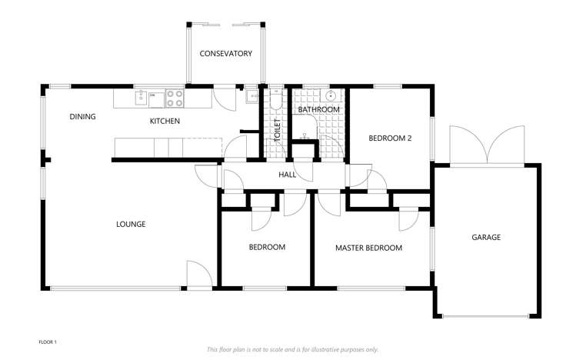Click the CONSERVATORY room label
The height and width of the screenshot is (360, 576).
[x=226, y=54]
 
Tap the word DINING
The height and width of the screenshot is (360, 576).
[x=82, y=117]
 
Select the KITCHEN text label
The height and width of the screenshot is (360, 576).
[x=165, y=122]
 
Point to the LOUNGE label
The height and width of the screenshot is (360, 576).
[x=131, y=225]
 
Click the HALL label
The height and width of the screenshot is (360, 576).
[x=288, y=175]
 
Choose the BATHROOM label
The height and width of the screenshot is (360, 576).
[x=318, y=110]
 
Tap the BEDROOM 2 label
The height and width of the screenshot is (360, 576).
[x=390, y=139]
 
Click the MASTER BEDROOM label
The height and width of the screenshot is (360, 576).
[x=368, y=248]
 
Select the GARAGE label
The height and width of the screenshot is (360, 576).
[x=485, y=238]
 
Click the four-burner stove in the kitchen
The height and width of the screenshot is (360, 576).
[x=175, y=98]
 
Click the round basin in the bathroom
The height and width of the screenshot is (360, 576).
[x=331, y=96]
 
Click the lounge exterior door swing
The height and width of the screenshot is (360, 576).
[x=198, y=275]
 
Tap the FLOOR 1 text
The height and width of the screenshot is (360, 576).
[x=48, y=341]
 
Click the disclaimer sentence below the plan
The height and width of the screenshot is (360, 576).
[x=292, y=349]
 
